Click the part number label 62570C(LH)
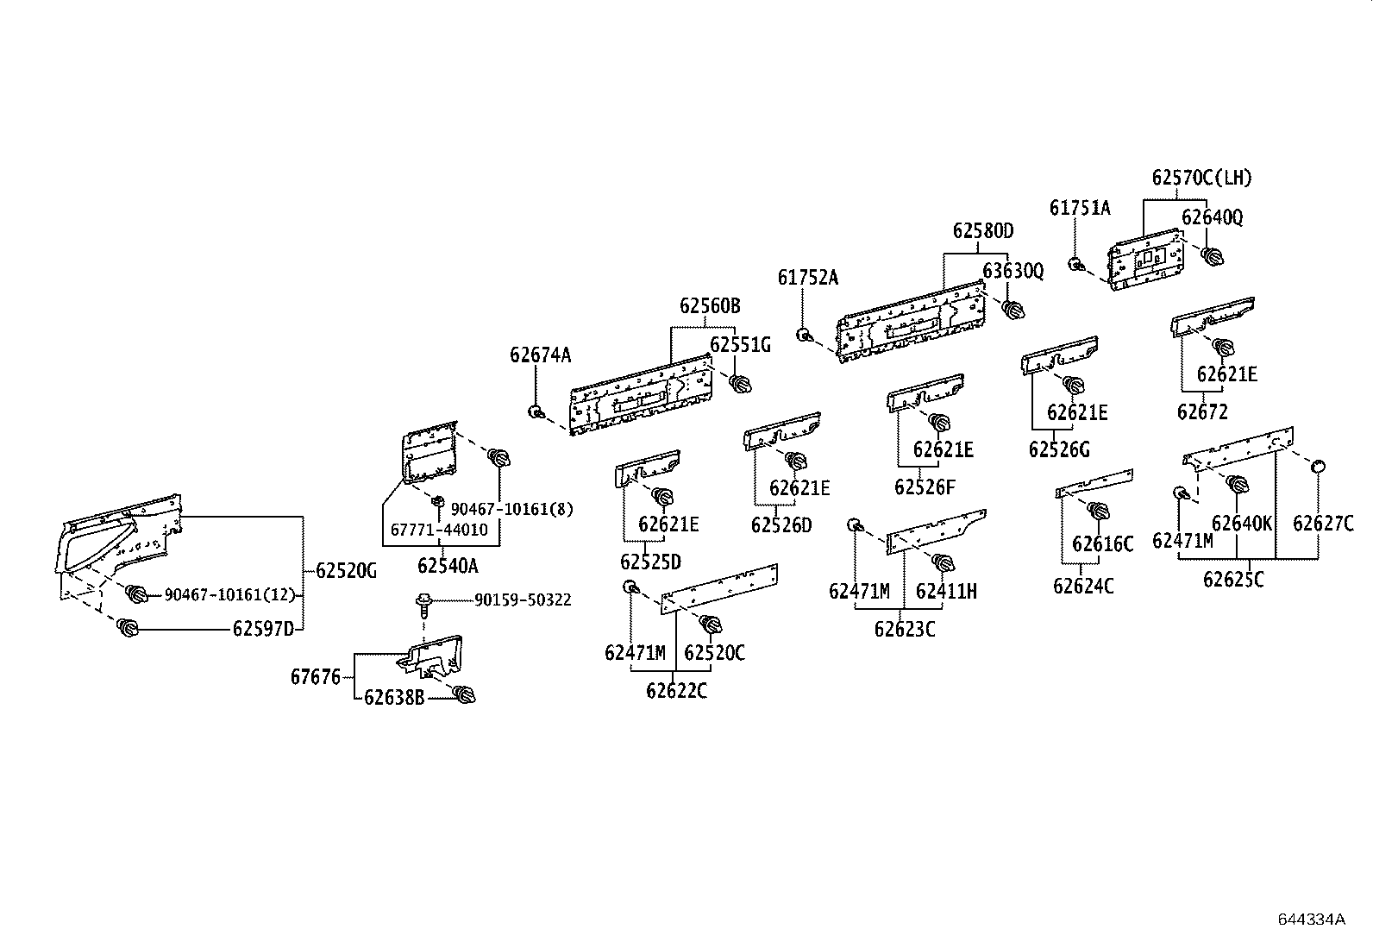[1201, 179]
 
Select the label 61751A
[1080, 208]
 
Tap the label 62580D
[982, 231]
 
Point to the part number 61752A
[807, 278]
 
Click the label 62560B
[709, 306]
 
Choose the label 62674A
[540, 355]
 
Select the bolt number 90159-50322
[522, 600]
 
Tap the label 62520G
[346, 570]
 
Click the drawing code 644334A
[1311, 919]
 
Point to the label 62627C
[1322, 523]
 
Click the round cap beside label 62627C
[1318, 467]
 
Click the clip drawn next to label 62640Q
[1213, 255]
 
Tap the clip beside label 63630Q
[1013, 309]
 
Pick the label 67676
[316, 677]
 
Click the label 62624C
[1083, 587]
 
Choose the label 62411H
[946, 592]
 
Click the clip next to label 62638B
[464, 694]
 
